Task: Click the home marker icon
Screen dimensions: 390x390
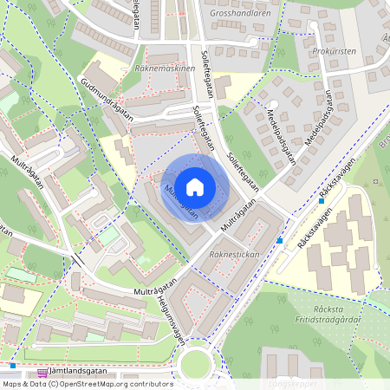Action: [195, 187]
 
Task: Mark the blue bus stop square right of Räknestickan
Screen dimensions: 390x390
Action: [279, 240]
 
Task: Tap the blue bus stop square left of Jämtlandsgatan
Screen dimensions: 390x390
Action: [13, 366]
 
